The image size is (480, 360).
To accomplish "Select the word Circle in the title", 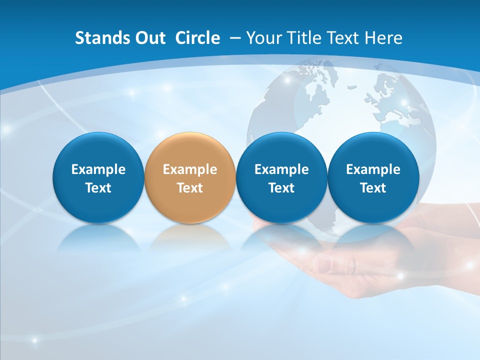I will pyautogui.click(x=197, y=38).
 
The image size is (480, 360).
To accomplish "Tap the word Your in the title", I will pyautogui.click(x=263, y=38).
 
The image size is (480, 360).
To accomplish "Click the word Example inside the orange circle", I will pyautogui.click(x=190, y=169).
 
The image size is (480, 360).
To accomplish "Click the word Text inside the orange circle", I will pyautogui.click(x=190, y=188).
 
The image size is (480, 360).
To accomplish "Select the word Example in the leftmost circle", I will pyautogui.click(x=98, y=169).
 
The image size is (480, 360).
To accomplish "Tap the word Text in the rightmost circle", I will pyautogui.click(x=373, y=188).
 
